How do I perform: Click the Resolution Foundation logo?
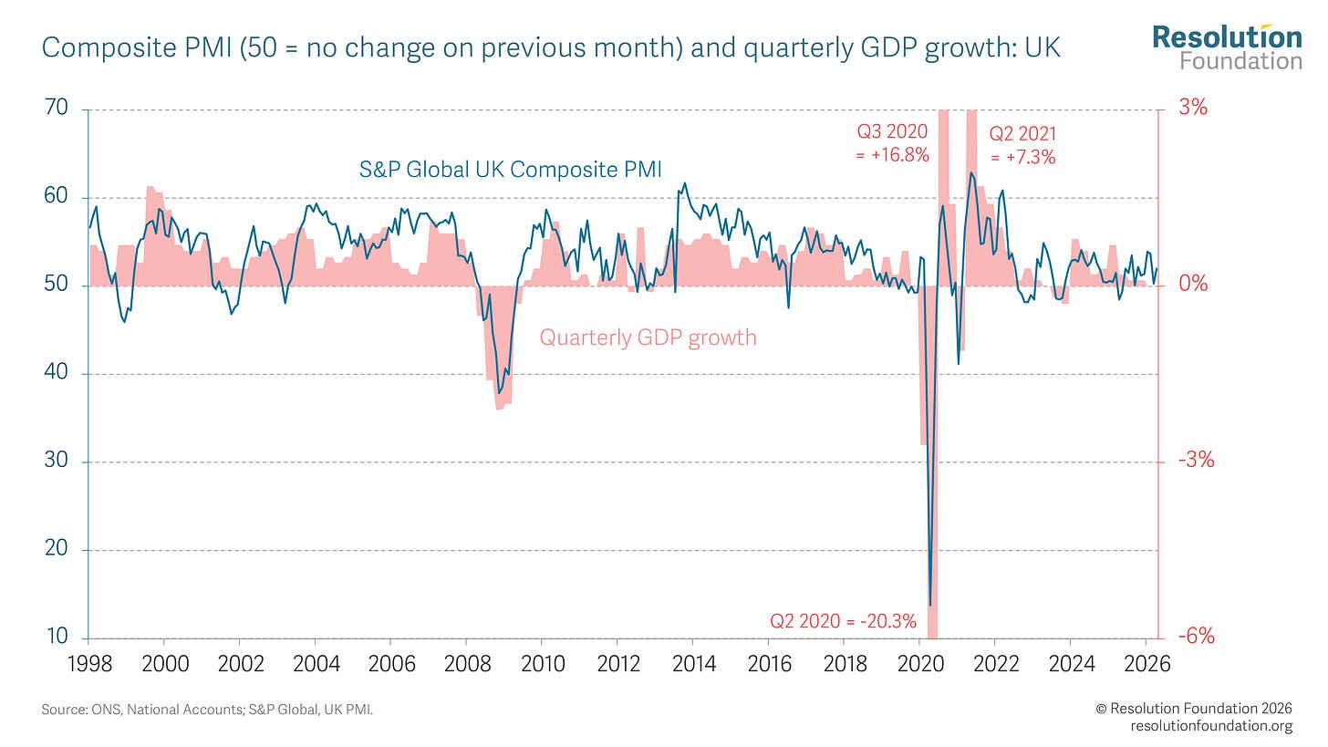(x=1227, y=47)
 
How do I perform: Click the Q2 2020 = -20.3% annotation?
(x=843, y=622)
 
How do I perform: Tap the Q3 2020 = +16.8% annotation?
(x=892, y=143)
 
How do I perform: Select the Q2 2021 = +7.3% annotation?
(x=1022, y=146)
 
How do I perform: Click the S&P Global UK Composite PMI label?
(x=510, y=169)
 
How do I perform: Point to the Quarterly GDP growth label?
(x=648, y=337)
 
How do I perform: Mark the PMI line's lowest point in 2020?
(x=929, y=605)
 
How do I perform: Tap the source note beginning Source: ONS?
(x=207, y=709)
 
